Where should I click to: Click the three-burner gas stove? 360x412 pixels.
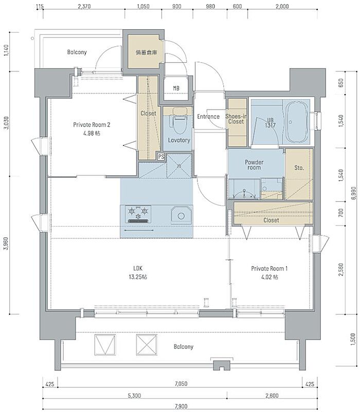(x=138, y=214)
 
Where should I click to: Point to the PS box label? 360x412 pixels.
(x=161, y=157)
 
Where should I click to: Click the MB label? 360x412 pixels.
(x=176, y=88)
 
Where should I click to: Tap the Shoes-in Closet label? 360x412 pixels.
(x=236, y=119)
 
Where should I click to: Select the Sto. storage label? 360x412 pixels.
(x=299, y=167)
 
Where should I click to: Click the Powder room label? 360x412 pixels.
(x=254, y=165)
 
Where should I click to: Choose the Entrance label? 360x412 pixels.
(x=208, y=117)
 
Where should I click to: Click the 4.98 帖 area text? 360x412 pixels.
(x=92, y=133)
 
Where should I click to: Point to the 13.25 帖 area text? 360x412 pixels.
(x=138, y=277)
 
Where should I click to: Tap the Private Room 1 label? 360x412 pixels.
(x=269, y=268)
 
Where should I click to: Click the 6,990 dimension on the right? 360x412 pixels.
(x=353, y=193)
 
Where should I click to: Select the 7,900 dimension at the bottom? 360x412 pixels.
(x=181, y=406)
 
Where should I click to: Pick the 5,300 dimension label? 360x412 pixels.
(x=135, y=396)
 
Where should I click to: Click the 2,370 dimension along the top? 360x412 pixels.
(x=84, y=6)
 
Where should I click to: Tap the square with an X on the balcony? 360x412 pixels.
(x=147, y=345)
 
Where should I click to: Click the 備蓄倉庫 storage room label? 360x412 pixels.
(x=146, y=52)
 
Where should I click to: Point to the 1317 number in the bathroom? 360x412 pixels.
(x=270, y=125)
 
